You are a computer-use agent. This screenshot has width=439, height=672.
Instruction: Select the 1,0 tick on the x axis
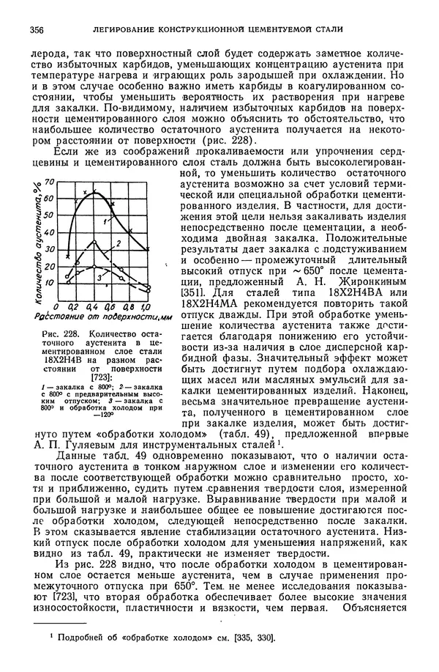145,305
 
